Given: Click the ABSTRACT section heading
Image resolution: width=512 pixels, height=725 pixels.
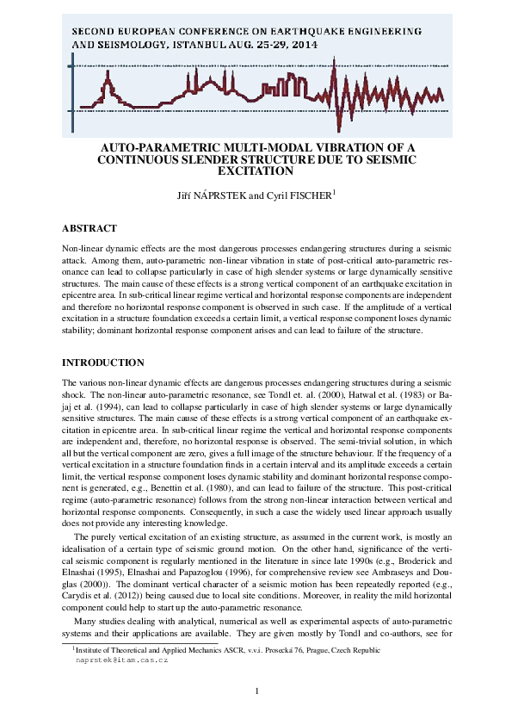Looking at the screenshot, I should coord(89,228).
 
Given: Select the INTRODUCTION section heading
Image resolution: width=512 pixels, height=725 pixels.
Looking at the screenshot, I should coord(103,362).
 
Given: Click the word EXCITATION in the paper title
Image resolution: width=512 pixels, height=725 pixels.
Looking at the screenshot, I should coord(256,170).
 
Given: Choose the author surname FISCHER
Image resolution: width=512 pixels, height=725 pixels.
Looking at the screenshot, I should coord(306,195).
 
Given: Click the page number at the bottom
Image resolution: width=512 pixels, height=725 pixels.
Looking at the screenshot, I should coord(256,691).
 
